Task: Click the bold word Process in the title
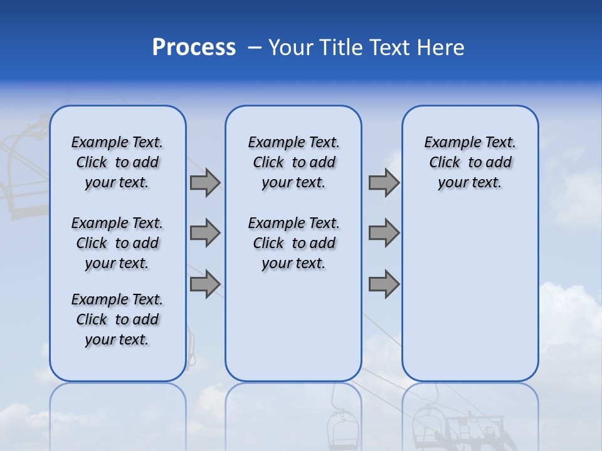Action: pos(194,48)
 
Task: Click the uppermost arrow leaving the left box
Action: pos(205,182)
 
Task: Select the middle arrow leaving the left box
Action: pos(205,233)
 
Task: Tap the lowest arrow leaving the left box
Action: pos(205,284)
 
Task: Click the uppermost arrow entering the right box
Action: pos(384,182)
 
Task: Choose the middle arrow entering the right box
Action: pos(384,233)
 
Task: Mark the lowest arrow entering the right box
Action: pos(384,284)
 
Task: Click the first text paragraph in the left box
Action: pos(117,162)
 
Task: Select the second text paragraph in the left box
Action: pos(117,243)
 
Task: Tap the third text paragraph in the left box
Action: pos(117,319)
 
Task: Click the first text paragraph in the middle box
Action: pos(293,162)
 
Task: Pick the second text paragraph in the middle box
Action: pos(293,243)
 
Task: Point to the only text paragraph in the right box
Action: pos(470,162)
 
